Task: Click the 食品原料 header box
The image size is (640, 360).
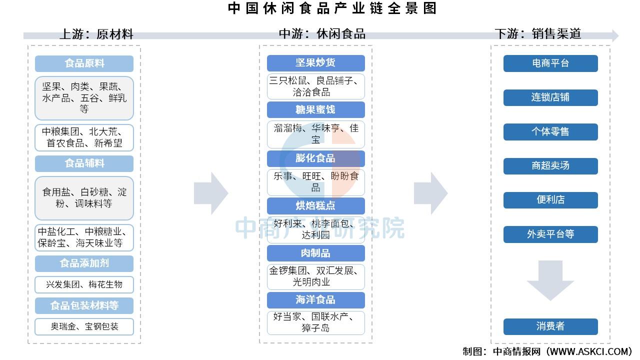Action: tap(84, 63)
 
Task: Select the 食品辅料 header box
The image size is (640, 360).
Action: tap(84, 163)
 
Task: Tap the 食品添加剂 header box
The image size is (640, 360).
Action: tap(84, 263)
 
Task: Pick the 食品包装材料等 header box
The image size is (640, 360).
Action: tap(84, 305)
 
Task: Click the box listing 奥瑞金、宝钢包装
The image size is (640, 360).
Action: tap(84, 326)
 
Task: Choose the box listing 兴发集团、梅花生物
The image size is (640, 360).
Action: tap(84, 284)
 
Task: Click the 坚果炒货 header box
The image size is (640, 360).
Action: tap(315, 63)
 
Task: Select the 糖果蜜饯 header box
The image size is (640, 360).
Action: tap(315, 109)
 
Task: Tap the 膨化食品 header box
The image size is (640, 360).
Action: tap(315, 158)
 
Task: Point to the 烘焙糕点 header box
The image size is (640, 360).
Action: tap(315, 205)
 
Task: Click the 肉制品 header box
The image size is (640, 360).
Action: tap(315, 253)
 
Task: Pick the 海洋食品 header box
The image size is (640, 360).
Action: tap(315, 300)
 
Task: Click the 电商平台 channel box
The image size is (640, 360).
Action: tap(550, 63)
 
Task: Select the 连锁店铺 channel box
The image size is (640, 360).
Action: tap(550, 97)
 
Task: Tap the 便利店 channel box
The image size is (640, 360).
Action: tap(550, 200)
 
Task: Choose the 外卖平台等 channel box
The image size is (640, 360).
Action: tap(550, 234)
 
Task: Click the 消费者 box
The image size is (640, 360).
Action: tap(550, 326)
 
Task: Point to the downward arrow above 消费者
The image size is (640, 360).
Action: tap(550, 280)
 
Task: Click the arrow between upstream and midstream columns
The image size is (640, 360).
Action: tap(211, 193)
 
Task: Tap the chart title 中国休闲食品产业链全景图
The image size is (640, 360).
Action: tap(332, 8)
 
